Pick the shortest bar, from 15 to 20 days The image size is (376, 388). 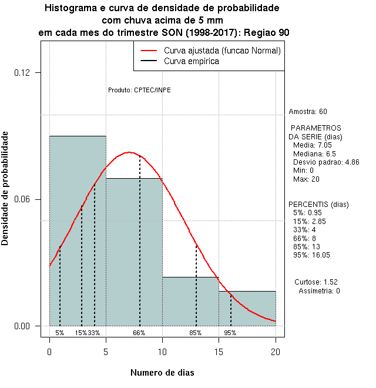[x=247, y=308]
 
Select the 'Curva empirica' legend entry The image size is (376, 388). [x=192, y=61]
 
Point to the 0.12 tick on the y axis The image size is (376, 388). [x=29, y=73]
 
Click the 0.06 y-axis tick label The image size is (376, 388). [x=29, y=200]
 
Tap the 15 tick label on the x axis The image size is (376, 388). [x=219, y=352]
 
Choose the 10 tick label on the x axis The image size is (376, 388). [x=163, y=352]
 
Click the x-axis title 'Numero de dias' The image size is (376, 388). [x=162, y=373]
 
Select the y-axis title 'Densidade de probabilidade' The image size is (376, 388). [x=5, y=188]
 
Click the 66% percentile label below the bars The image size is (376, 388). [x=139, y=333]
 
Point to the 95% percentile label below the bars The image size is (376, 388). [x=230, y=333]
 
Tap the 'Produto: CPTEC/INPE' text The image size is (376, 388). [x=139, y=90]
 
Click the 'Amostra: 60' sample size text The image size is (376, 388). [x=308, y=112]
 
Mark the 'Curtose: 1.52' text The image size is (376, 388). [x=318, y=282]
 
